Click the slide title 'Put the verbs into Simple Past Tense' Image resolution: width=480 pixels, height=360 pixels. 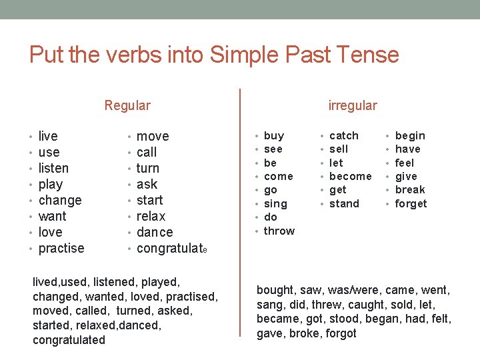(214, 54)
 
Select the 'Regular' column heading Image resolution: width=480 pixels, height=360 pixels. (127, 105)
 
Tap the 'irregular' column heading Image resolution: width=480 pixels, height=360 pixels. (353, 105)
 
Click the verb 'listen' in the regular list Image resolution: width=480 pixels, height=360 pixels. (53, 168)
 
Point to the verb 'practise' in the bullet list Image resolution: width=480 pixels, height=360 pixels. (61, 248)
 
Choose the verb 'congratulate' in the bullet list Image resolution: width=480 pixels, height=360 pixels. (172, 248)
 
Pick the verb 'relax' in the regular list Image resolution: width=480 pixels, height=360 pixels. (151, 216)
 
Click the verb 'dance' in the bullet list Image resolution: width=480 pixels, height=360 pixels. (155, 232)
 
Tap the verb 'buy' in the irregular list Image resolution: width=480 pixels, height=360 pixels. (274, 135)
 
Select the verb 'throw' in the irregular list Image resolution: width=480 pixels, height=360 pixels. (279, 231)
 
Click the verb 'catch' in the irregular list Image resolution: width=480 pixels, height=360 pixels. (344, 135)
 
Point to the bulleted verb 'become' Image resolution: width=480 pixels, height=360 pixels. (351, 176)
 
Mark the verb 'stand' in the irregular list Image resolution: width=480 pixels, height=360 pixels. (345, 203)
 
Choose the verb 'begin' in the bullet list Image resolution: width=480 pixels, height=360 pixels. (410, 135)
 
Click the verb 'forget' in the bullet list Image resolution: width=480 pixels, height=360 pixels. (411, 203)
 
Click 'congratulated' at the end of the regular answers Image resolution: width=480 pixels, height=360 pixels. (69, 340)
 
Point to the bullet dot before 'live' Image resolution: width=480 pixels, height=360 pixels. (32, 137)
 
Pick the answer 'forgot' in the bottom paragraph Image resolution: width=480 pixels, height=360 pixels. (341, 333)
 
